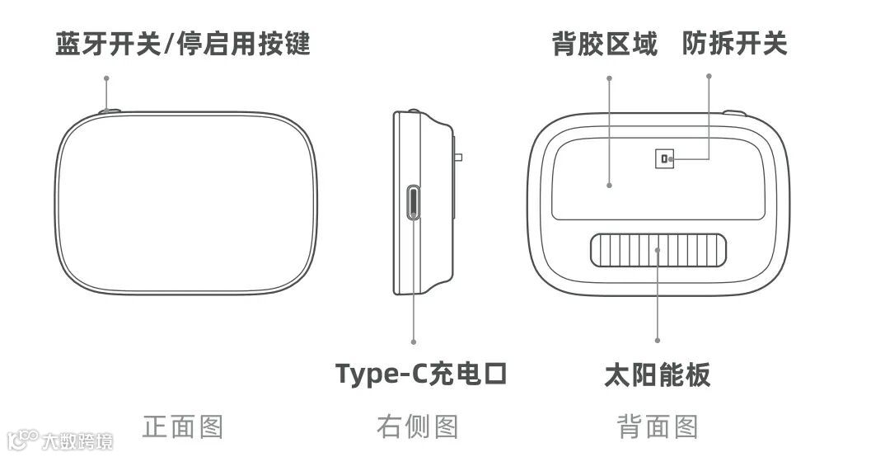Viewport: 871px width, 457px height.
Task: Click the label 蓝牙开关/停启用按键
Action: click(x=183, y=44)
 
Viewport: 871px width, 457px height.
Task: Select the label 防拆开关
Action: click(x=734, y=44)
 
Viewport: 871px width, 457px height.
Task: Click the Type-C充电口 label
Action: click(x=420, y=374)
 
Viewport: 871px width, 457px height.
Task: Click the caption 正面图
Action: click(x=183, y=427)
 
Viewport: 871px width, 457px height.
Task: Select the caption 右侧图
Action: click(x=417, y=427)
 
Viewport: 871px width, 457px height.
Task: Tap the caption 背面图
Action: click(x=657, y=427)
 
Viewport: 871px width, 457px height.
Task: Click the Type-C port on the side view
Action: click(x=414, y=203)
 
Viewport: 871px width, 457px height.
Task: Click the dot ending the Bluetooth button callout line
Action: click(x=106, y=78)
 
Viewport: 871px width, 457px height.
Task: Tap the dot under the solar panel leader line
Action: click(x=658, y=340)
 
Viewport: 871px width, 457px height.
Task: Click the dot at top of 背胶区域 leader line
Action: click(x=609, y=78)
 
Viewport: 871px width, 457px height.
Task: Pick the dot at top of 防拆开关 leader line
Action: click(x=709, y=76)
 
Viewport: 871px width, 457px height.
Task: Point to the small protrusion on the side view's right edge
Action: click(x=458, y=157)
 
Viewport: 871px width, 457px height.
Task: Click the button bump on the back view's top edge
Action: click(x=734, y=113)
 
